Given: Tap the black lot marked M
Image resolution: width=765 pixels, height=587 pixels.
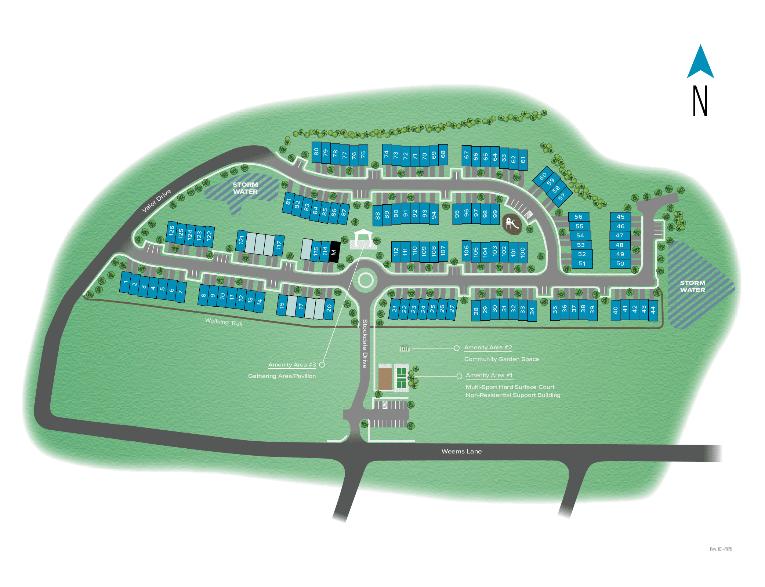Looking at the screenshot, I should click(x=334, y=252).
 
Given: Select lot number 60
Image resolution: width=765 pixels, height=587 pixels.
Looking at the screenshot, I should click(x=543, y=176).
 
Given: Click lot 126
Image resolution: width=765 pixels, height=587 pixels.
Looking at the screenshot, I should click(x=171, y=231).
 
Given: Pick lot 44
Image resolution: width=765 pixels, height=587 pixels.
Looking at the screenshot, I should click(x=653, y=310).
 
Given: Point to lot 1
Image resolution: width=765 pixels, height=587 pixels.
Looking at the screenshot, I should click(x=126, y=282).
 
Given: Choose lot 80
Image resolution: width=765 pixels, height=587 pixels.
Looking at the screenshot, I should click(x=316, y=152).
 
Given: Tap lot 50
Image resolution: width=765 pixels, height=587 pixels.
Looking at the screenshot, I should click(x=620, y=263).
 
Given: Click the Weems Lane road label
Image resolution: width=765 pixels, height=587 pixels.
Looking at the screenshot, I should click(x=461, y=451).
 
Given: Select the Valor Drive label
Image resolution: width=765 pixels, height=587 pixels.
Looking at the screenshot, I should click(x=156, y=200).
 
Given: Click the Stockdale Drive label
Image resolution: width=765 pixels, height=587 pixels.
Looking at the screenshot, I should click(x=365, y=343).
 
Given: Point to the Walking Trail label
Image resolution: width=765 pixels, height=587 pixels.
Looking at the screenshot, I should click(x=224, y=322).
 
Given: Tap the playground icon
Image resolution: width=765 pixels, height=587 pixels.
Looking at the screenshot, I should click(x=512, y=223).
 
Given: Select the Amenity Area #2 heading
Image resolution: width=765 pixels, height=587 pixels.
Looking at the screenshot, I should click(x=488, y=347).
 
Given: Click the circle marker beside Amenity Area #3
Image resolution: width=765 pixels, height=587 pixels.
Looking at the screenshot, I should click(x=322, y=364).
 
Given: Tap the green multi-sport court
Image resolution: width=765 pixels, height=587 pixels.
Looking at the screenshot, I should click(x=401, y=378).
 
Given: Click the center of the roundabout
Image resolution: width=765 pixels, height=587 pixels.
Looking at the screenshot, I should click(x=365, y=280).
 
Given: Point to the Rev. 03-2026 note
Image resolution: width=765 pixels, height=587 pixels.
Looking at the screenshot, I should click(x=721, y=549).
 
